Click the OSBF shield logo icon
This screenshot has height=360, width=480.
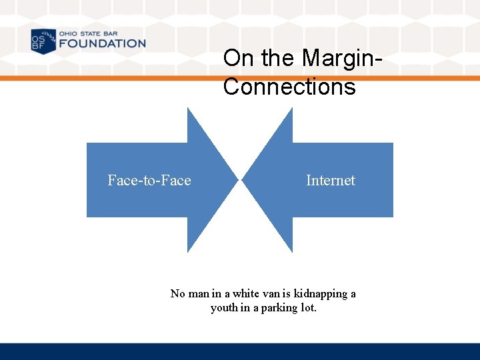tap(43, 41)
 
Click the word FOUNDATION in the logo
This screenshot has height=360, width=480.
tap(101, 44)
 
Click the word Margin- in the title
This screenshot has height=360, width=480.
tap(341, 58)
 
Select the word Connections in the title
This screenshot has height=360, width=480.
tap(289, 87)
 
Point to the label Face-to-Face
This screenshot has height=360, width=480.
tap(149, 181)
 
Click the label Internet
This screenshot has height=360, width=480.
tap(331, 181)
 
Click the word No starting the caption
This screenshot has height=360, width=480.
tap(178, 293)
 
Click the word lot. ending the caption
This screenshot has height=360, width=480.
tap(307, 308)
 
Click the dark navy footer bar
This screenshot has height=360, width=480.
tap(240, 351)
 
